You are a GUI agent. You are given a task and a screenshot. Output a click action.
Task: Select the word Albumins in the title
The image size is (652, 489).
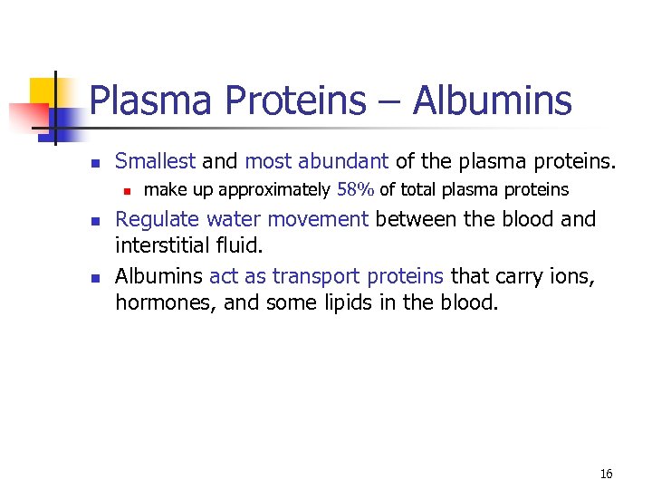click(x=493, y=101)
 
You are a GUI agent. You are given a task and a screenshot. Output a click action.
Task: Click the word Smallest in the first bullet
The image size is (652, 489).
click(x=155, y=162)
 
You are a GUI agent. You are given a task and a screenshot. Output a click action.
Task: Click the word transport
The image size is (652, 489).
click(x=316, y=275)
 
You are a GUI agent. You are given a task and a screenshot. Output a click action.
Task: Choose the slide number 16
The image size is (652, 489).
click(x=607, y=474)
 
